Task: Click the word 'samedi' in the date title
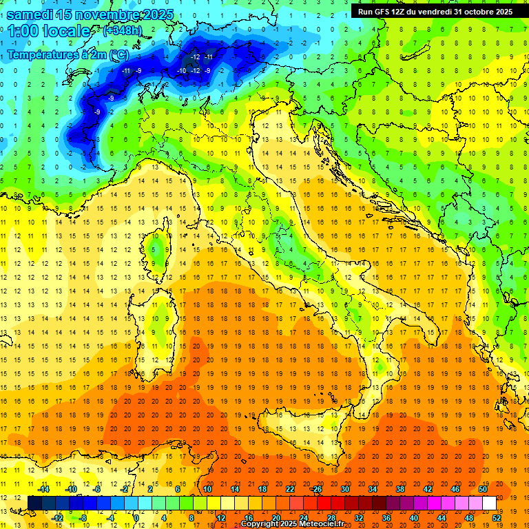(31, 14)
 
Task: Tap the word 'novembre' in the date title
(107, 14)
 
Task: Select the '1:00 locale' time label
(49, 31)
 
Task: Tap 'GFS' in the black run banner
(384, 11)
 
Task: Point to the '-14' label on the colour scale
(43, 489)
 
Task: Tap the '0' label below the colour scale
(136, 518)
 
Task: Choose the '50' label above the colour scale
(483, 489)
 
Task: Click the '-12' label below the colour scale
(58, 518)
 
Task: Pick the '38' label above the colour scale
(400, 489)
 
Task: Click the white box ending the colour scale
(489, 504)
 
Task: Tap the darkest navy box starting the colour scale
(34, 504)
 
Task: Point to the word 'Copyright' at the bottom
(260, 524)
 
